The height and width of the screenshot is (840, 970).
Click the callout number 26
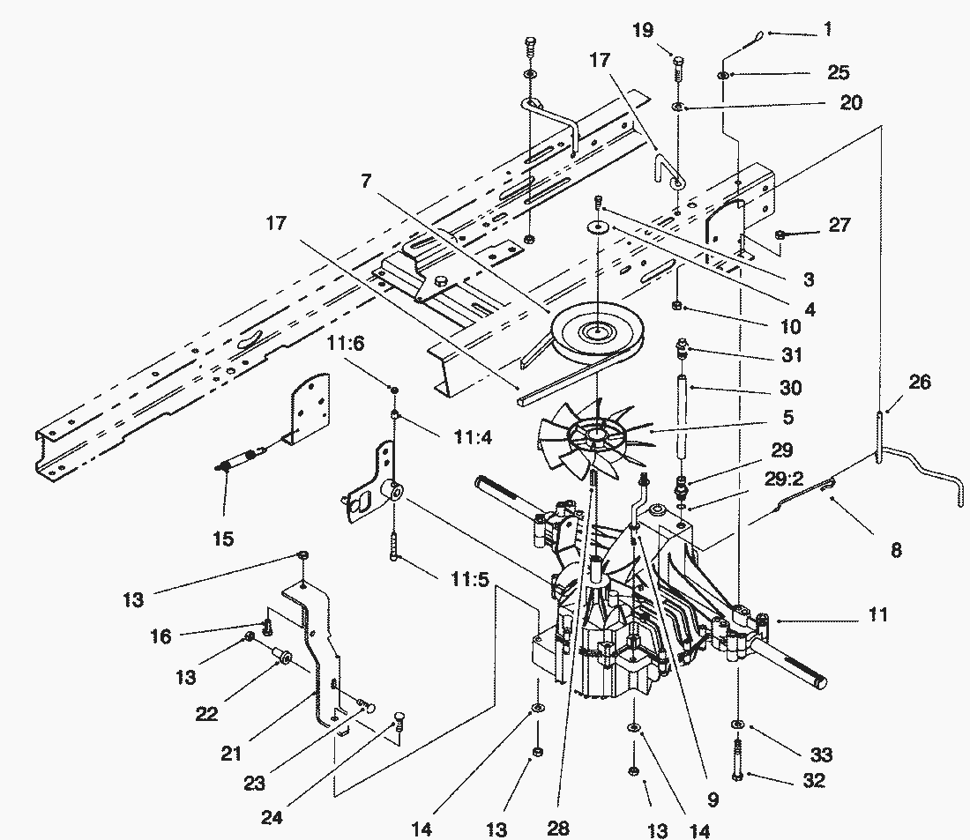[919, 383]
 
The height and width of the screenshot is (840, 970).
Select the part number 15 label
[224, 537]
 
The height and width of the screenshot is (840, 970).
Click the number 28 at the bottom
[557, 828]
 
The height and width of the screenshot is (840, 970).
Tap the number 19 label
[643, 31]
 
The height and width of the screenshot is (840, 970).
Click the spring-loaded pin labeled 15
[235, 461]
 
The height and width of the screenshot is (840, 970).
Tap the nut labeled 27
[781, 234]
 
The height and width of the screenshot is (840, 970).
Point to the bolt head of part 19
[678, 61]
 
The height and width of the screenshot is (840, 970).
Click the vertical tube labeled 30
[683, 413]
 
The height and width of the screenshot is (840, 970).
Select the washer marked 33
[736, 725]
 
